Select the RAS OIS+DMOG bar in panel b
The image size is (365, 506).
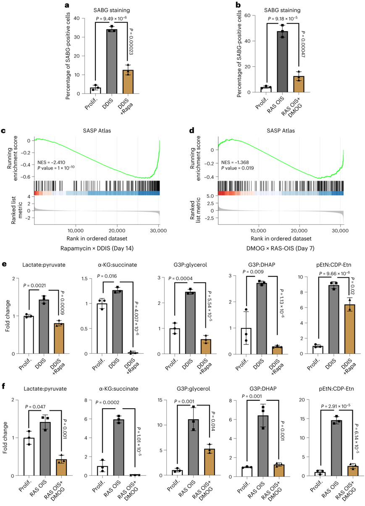tap(299, 84)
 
